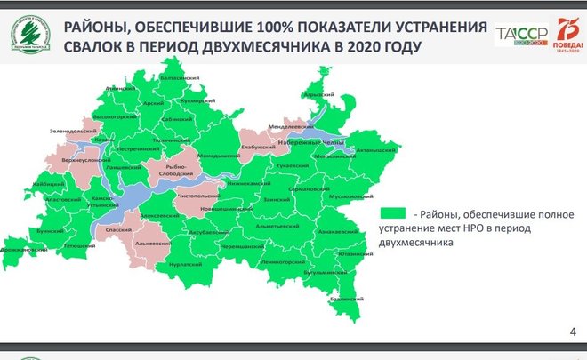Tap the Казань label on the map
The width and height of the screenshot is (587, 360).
104,140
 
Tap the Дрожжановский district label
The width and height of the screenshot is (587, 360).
24,250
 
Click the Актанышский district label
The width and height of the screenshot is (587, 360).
372,151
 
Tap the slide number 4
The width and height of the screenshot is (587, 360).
571,332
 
